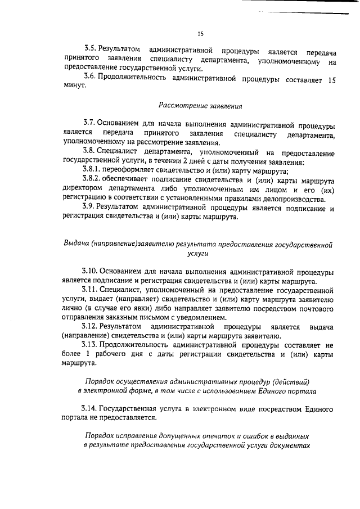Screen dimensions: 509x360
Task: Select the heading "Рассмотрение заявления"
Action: [x=200, y=105]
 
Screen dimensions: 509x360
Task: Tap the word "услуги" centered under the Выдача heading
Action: [x=200, y=254]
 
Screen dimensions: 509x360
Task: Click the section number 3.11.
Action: [x=91, y=290]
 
